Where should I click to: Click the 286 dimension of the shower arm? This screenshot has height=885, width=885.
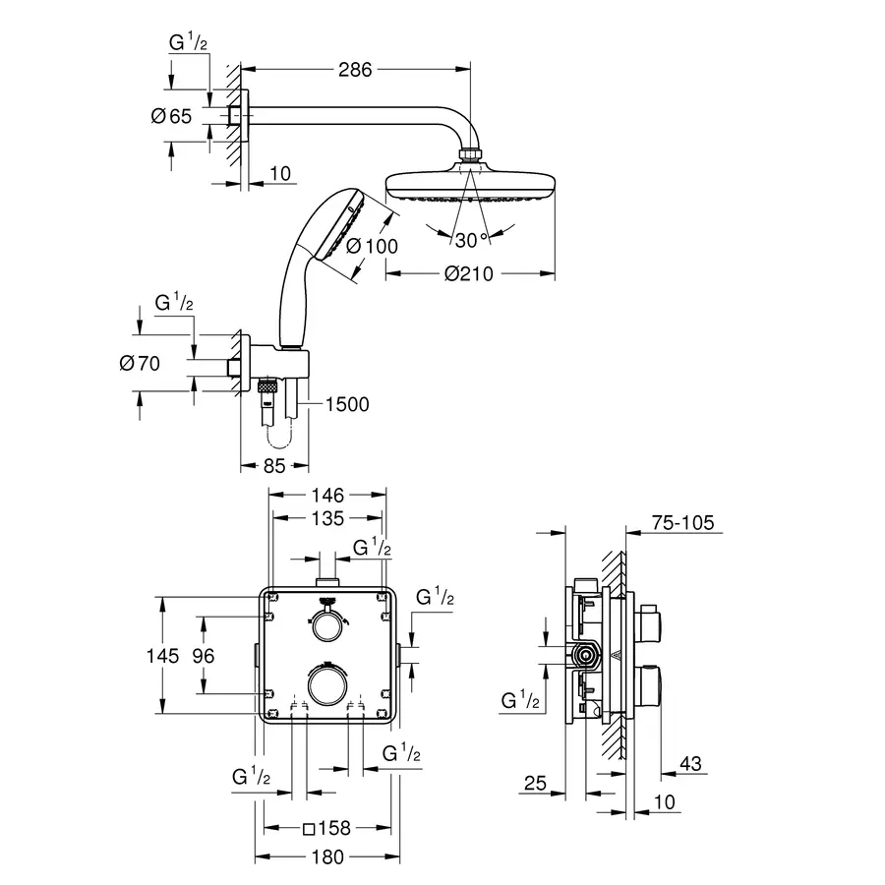point(356,70)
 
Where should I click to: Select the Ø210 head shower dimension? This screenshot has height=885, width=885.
point(468,275)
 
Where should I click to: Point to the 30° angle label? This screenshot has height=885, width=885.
point(470,239)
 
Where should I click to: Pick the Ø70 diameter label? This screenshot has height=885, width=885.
point(139,364)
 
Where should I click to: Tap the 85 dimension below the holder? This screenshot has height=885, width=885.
point(275,466)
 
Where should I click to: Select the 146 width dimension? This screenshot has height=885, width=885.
point(328,496)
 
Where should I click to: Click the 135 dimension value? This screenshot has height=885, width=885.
point(328,518)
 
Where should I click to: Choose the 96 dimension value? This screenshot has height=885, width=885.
point(203,655)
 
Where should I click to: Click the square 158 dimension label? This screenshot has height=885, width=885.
point(327,828)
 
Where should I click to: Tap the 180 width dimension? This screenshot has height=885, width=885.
point(327,856)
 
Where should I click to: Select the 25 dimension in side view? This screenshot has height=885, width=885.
point(534,784)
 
